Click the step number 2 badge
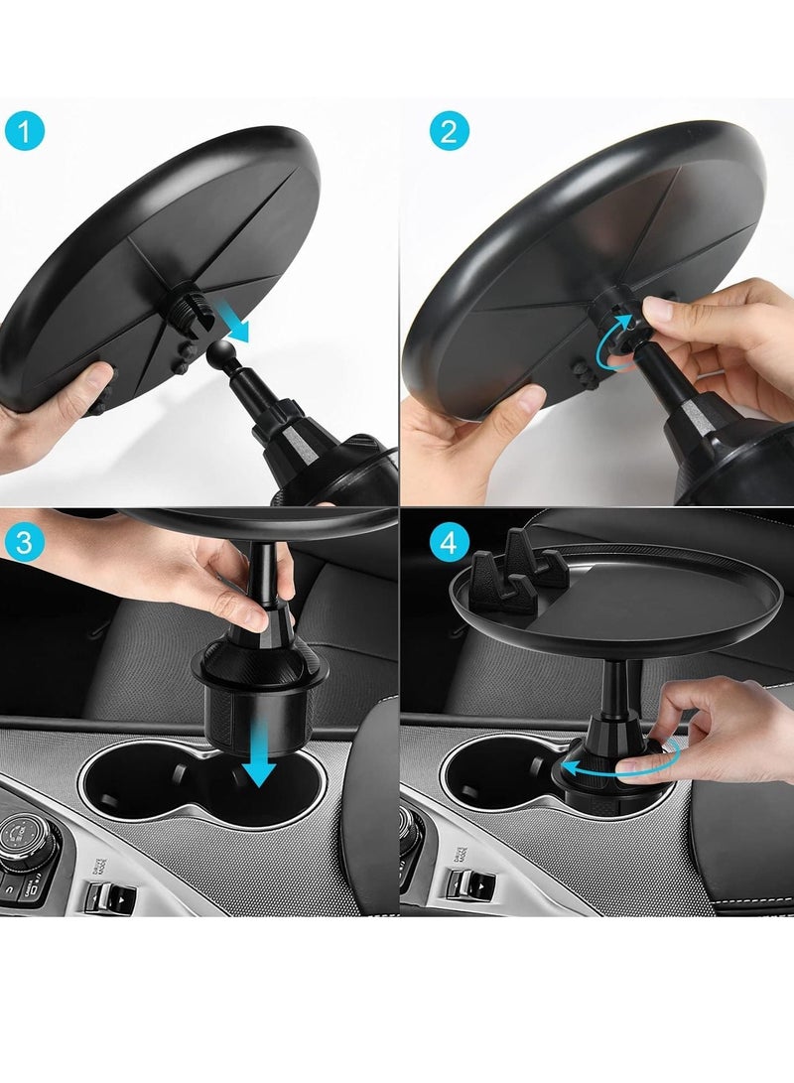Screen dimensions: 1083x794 (x=449, y=132)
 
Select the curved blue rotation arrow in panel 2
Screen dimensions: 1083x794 (x=607, y=342)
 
